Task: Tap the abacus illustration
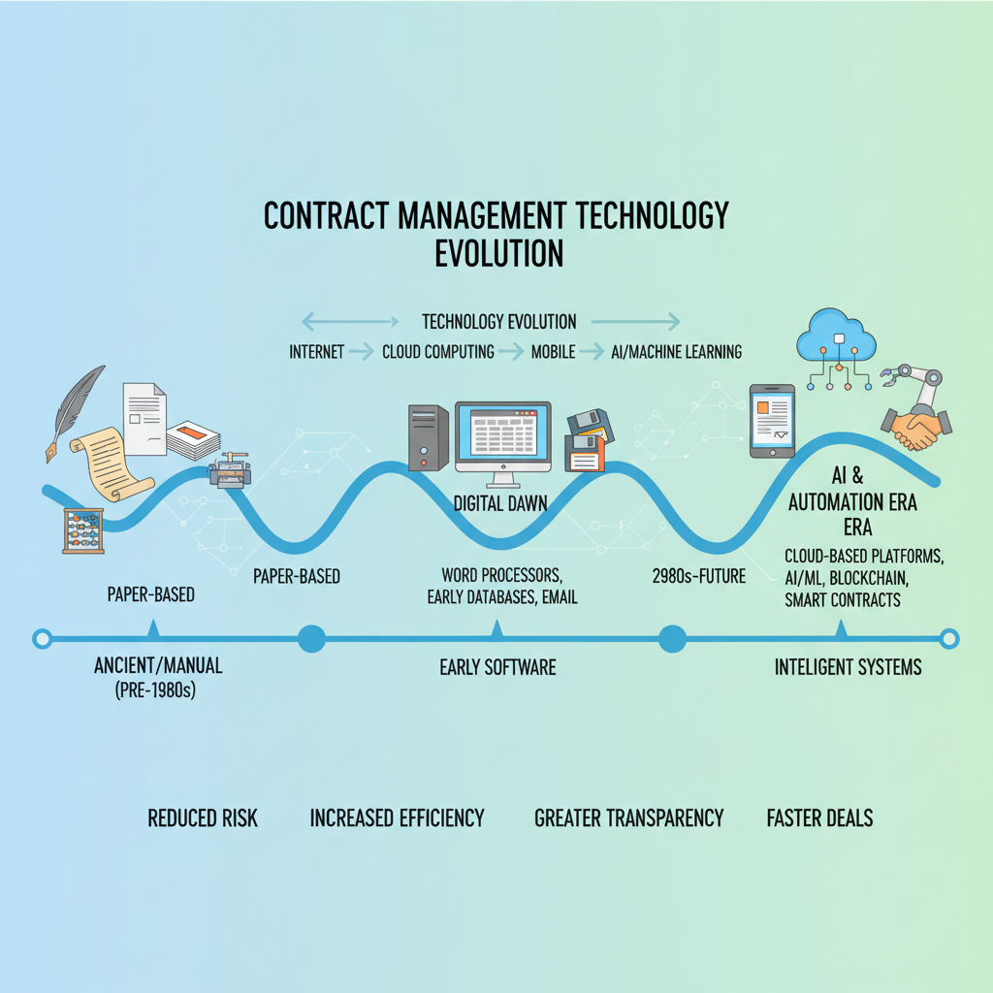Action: pyautogui.click(x=83, y=530)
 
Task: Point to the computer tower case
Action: pyautogui.click(x=428, y=437)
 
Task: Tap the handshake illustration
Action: pyautogui.click(x=914, y=428)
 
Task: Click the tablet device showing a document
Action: pyautogui.click(x=772, y=421)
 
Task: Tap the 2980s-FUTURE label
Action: pyautogui.click(x=699, y=577)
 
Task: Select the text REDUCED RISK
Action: pyautogui.click(x=203, y=817)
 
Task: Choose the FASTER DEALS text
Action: pyautogui.click(x=819, y=817)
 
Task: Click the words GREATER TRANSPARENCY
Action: pyautogui.click(x=628, y=817)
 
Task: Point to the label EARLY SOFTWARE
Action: pyautogui.click(x=497, y=666)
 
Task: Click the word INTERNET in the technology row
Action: pyautogui.click(x=316, y=352)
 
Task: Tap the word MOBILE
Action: pyautogui.click(x=553, y=352)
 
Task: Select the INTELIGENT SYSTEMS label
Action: pyautogui.click(x=848, y=666)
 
